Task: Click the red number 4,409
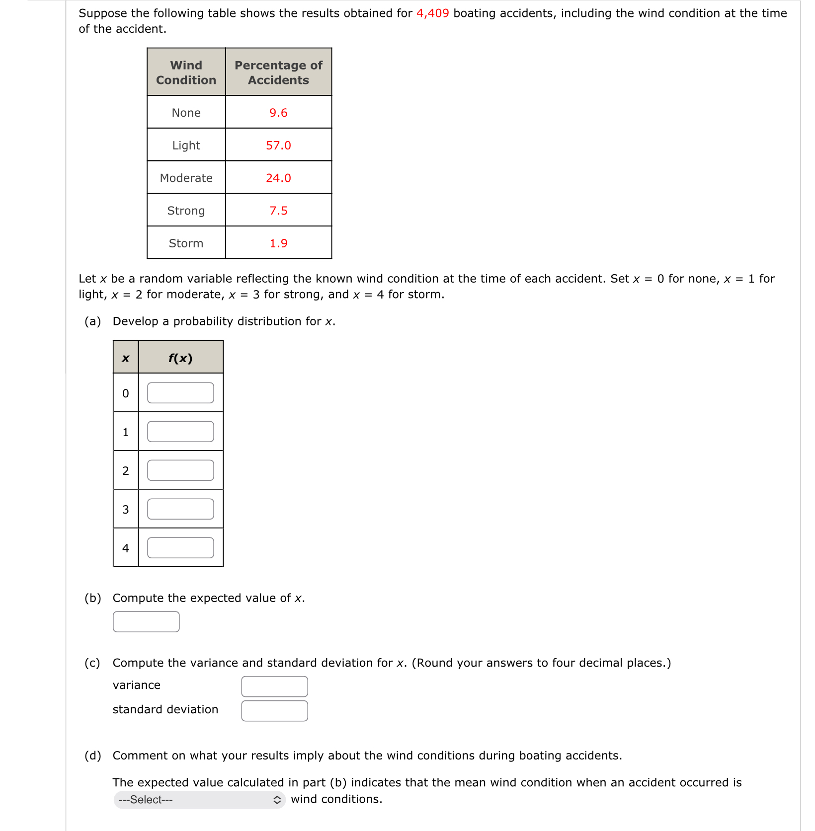coord(432,13)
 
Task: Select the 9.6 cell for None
coord(278,113)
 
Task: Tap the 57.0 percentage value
coord(278,146)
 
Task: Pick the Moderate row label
coord(186,178)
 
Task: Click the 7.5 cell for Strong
coord(278,211)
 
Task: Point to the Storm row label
coord(186,243)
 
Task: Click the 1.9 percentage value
coord(278,243)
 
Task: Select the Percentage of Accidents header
coord(278,73)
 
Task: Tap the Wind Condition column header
coord(186,73)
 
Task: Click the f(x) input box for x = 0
coord(180,393)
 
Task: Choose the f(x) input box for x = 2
coord(180,470)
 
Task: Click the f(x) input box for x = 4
coord(180,548)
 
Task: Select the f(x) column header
coord(180,358)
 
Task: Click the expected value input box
coord(146,622)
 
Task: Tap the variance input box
coord(274,686)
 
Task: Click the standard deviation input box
coord(274,711)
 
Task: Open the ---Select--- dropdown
coord(199,800)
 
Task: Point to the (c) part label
coord(92,663)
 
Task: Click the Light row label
coord(186,146)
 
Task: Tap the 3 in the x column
coord(125,510)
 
